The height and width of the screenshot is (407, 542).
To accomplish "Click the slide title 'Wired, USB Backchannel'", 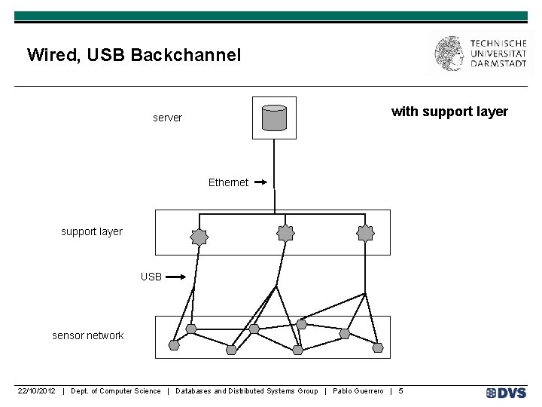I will coord(133,55).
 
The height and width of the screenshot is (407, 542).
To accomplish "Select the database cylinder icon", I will coord(274,118).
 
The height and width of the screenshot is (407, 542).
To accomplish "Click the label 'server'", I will coord(167,118).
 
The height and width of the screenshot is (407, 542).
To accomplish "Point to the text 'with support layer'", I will coord(449,112).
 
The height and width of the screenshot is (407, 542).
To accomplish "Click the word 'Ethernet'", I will coord(228,182).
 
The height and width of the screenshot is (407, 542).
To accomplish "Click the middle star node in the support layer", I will coord(285,234).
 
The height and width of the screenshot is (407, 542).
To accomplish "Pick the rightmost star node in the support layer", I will coord(365,234).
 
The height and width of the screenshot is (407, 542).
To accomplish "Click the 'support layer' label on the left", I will coord(91,231).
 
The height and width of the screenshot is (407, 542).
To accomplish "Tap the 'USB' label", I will coord(151,277).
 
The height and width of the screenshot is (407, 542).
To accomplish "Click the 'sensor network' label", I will coord(87,335).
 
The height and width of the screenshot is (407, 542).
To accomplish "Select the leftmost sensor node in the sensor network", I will coord(174,345).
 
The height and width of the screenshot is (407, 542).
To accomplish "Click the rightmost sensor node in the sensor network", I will coord(378,347).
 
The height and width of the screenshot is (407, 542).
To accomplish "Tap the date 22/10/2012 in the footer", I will coord(37,390).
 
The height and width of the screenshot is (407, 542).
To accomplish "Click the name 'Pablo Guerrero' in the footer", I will coord(358,390).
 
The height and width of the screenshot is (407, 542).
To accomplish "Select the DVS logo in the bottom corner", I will coord(506,392).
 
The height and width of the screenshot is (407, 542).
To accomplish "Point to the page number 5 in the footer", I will coord(400,390).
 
